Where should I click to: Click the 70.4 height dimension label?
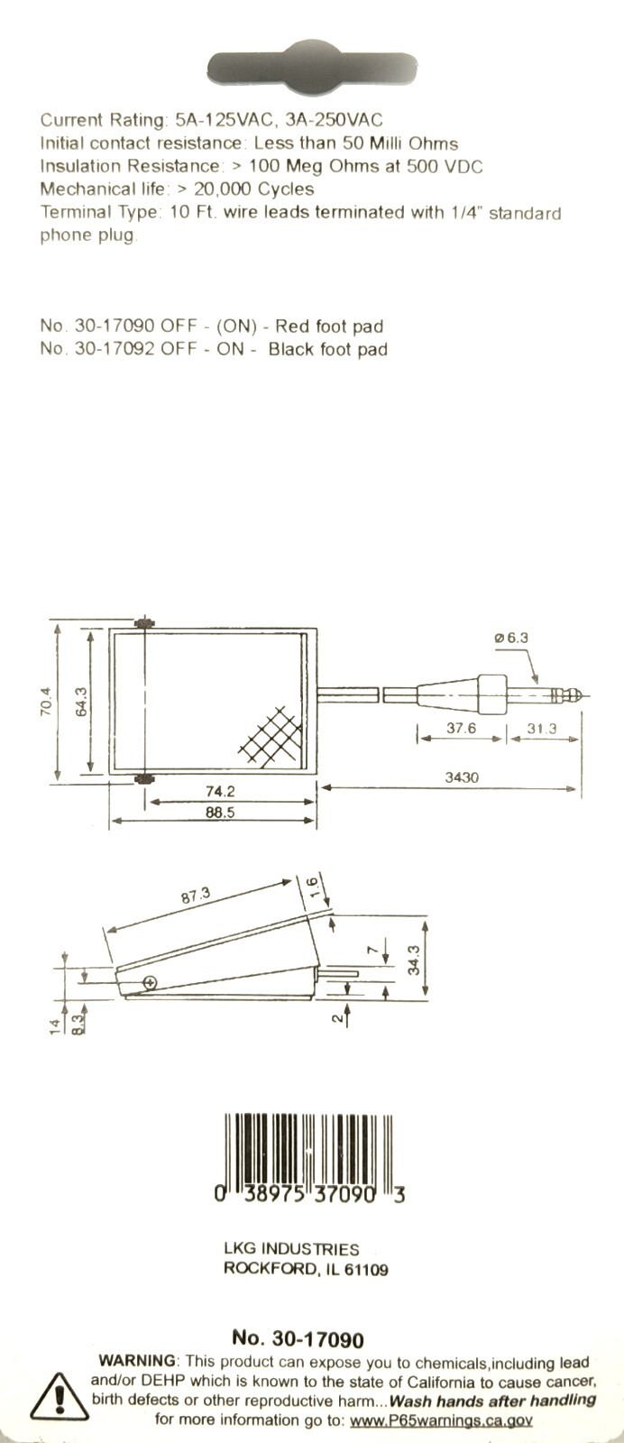pos(46,703)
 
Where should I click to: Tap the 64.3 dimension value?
pos(82,702)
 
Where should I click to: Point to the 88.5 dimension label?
pos(220,813)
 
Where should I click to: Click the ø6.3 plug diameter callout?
pos(511,638)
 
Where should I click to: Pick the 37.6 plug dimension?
pos(461,728)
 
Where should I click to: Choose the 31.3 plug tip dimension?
pos(542,729)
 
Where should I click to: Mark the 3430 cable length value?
pos(462,777)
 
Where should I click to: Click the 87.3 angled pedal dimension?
pos(195,895)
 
